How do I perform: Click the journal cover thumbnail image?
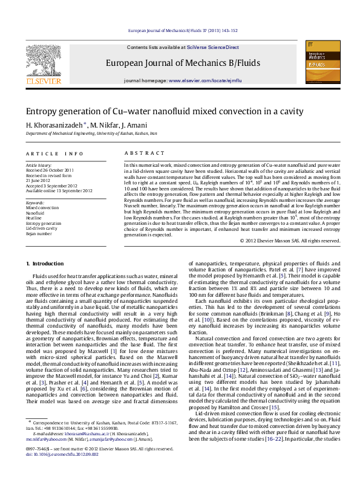point(318,62)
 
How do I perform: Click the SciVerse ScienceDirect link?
point(212,47)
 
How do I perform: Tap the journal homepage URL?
point(205,80)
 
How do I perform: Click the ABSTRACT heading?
point(139,154)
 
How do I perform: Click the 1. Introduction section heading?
point(47,264)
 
